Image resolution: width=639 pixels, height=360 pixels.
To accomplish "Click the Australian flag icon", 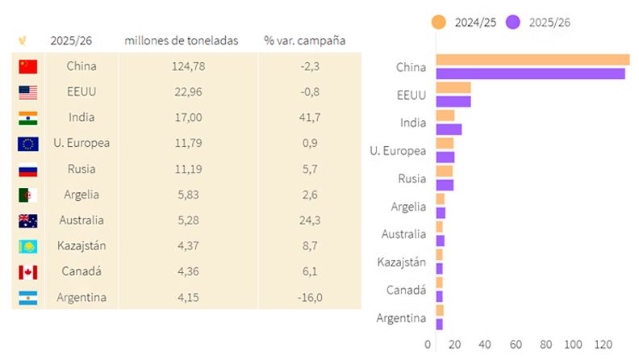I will point(28,220).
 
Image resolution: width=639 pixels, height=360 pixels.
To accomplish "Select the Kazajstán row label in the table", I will point(81,245).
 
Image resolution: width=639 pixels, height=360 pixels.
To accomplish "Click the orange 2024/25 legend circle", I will point(439,22).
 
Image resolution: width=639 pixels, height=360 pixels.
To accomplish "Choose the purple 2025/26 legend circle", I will point(512,22).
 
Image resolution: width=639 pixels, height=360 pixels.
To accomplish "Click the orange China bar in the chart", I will point(532,60).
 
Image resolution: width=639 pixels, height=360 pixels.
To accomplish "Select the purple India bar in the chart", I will point(449,129).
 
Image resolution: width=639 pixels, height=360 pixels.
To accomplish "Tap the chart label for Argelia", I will point(408,207).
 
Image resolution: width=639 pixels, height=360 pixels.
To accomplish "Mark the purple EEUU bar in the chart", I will point(453,102).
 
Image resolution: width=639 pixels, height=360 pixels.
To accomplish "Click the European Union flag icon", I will point(28,144).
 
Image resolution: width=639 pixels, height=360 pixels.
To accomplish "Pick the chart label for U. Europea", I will point(398,151).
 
